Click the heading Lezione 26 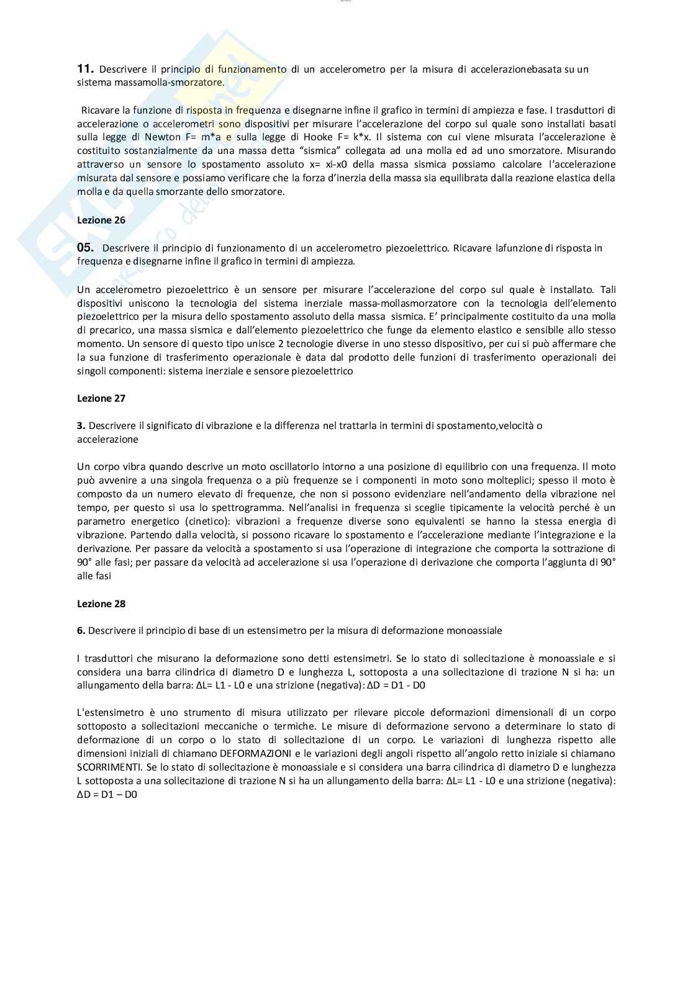[x=94, y=220]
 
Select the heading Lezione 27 [x=94, y=398]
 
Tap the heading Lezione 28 [x=94, y=603]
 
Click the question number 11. [x=85, y=69]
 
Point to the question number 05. [x=85, y=248]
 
